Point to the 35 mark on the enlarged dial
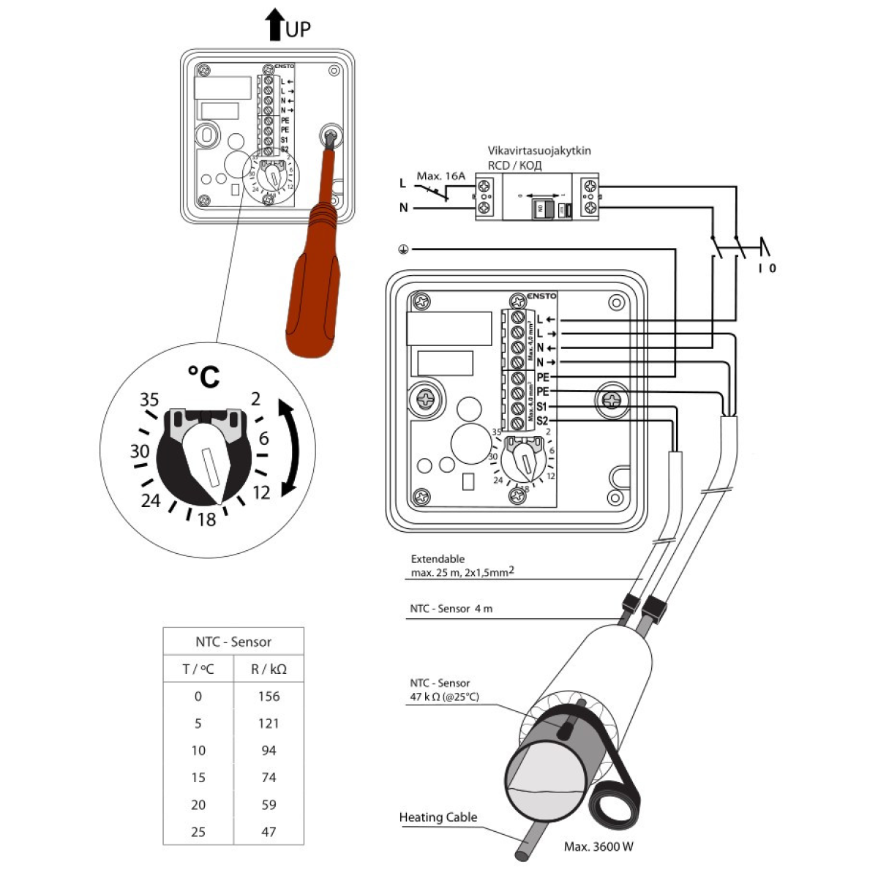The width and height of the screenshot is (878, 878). click(149, 399)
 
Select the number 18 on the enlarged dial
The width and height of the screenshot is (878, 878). click(206, 519)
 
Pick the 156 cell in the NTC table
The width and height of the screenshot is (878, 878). click(269, 696)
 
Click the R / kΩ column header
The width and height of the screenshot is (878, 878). click(269, 669)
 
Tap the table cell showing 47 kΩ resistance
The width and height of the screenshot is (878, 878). click(269, 831)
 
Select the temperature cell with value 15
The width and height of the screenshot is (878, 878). click(198, 777)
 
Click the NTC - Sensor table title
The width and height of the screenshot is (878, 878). click(233, 642)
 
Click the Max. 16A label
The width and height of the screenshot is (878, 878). click(440, 176)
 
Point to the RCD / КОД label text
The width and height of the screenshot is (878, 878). click(515, 165)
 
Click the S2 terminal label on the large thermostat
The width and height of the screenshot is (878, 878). click(541, 421)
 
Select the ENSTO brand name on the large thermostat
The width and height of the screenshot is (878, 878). click(541, 296)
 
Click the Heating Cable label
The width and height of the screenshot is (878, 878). click(438, 817)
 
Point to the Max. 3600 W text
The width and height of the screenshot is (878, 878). click(599, 847)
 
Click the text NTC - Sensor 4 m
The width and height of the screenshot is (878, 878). click(451, 609)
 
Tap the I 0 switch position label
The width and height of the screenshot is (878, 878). click(767, 269)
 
